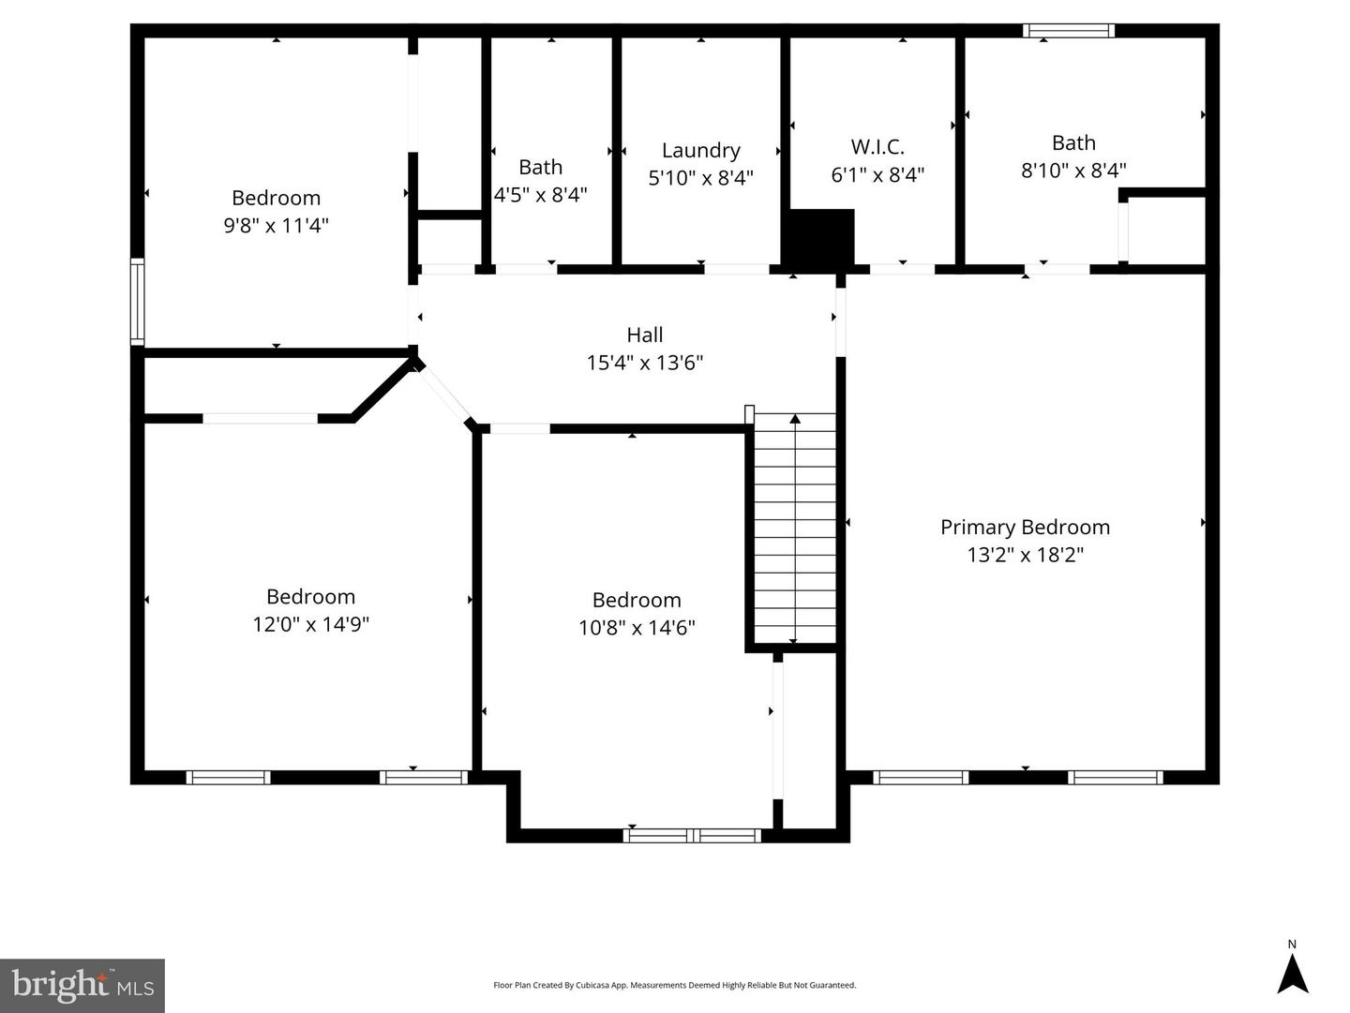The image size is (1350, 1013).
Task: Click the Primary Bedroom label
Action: (x=1025, y=527)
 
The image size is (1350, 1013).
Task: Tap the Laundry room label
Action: (x=700, y=150)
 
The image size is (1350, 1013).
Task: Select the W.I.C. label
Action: (x=877, y=146)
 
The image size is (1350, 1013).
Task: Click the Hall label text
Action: (x=644, y=335)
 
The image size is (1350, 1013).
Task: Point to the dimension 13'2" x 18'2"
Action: (x=1025, y=555)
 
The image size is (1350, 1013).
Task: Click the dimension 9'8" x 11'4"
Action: (x=276, y=226)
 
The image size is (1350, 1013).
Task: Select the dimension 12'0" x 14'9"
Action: (x=310, y=624)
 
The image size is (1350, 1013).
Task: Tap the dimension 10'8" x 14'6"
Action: (x=637, y=628)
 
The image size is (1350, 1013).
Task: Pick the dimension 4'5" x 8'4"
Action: (x=541, y=195)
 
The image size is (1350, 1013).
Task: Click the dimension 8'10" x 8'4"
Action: (x=1073, y=171)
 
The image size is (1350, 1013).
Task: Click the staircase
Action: (x=795, y=529)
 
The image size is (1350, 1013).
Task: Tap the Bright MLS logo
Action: (x=82, y=985)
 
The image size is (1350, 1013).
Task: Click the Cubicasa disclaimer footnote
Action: (x=674, y=985)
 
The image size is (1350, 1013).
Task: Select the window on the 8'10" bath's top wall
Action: (x=1069, y=31)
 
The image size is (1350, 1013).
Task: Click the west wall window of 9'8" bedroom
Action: (x=138, y=302)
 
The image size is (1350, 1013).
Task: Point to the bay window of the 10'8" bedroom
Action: (x=692, y=835)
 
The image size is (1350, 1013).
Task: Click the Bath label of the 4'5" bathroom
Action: (x=541, y=167)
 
